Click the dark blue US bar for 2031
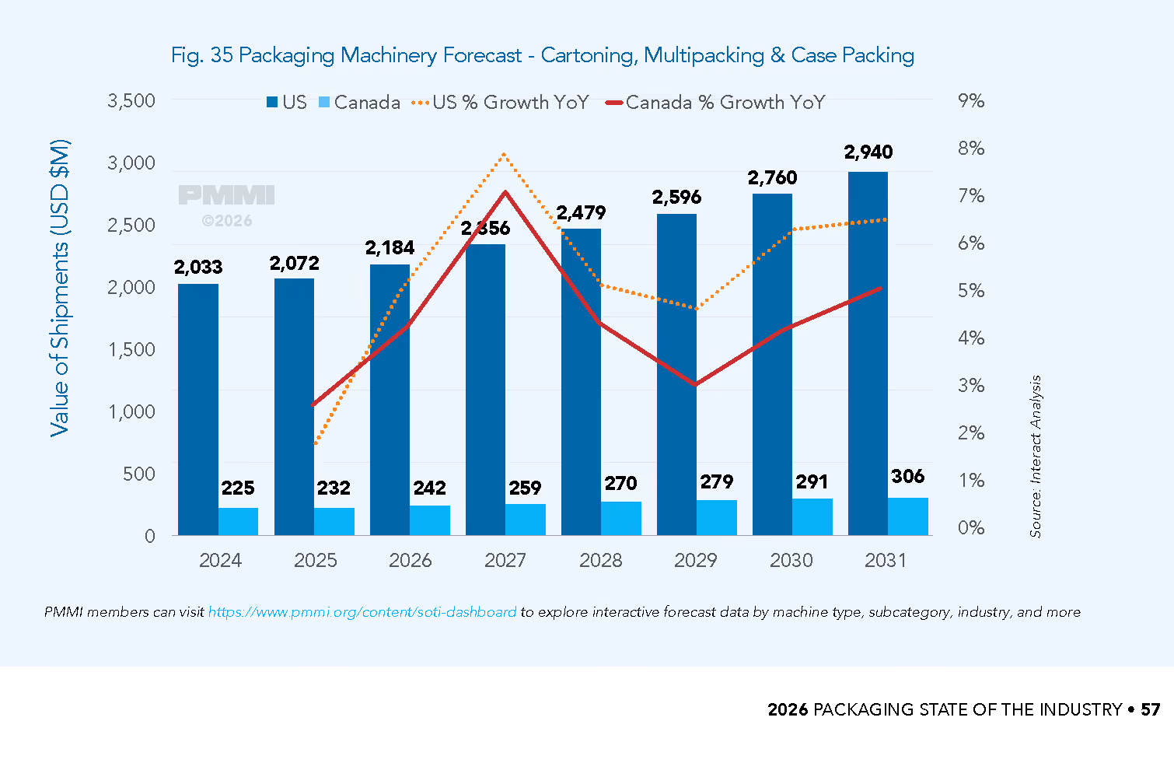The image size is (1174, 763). point(868,353)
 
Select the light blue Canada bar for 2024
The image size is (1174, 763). point(238,521)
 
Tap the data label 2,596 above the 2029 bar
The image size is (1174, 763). point(676,198)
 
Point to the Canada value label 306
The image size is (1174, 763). point(907,476)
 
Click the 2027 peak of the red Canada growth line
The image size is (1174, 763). point(505,192)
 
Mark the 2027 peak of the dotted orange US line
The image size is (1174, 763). point(504,154)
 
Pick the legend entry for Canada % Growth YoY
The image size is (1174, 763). point(715,102)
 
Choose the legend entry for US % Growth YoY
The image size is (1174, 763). point(501,102)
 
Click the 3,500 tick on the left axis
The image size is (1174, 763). point(131,100)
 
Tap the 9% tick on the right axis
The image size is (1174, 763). point(970,100)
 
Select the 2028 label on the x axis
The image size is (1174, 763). point(600,560)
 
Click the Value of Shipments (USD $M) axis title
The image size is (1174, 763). point(59,288)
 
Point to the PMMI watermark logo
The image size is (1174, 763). point(226,194)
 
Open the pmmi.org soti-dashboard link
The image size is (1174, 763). point(362,612)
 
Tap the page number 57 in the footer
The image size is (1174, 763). point(1151,709)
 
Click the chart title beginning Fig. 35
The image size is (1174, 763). point(543,55)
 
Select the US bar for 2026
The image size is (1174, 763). point(390,400)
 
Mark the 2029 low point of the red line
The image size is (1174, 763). point(695,384)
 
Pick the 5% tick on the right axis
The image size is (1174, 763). point(970,291)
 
